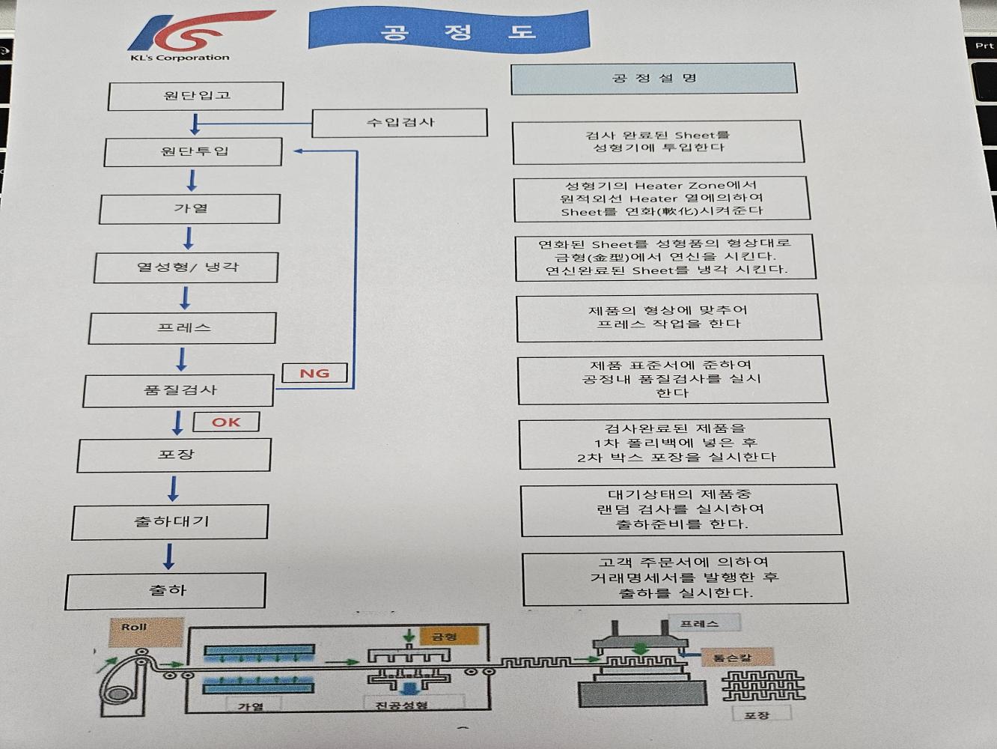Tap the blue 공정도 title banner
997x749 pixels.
[449, 31]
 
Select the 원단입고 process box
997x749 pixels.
[196, 96]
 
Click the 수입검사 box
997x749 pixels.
[400, 123]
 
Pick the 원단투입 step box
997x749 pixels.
[193, 151]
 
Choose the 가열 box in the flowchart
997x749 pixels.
[190, 208]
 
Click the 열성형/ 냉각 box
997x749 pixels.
[186, 267]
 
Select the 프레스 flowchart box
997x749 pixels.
[183, 328]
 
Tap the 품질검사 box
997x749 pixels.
[179, 390]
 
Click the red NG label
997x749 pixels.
[314, 373]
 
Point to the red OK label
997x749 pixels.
[226, 422]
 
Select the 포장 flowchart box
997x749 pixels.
[174, 455]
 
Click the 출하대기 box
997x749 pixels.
[171, 521]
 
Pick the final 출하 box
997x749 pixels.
[166, 591]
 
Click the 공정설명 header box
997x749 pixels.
[653, 78]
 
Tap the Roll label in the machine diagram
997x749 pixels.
[135, 628]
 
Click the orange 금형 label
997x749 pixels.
[443, 637]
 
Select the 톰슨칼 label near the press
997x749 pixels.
[731, 658]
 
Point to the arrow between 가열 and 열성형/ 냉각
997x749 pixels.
[189, 238]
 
